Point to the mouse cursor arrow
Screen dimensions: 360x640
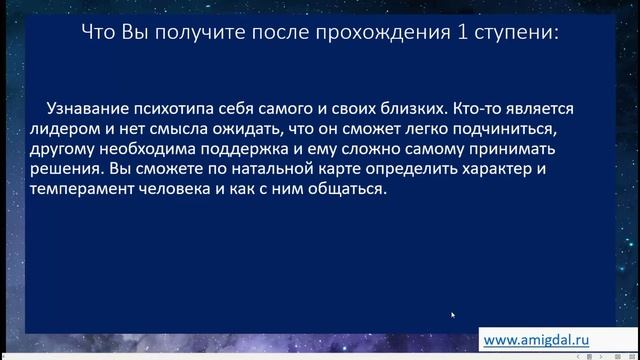[453, 316]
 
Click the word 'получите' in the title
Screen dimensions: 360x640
[183, 33]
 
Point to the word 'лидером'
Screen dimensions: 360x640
[68, 129]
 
